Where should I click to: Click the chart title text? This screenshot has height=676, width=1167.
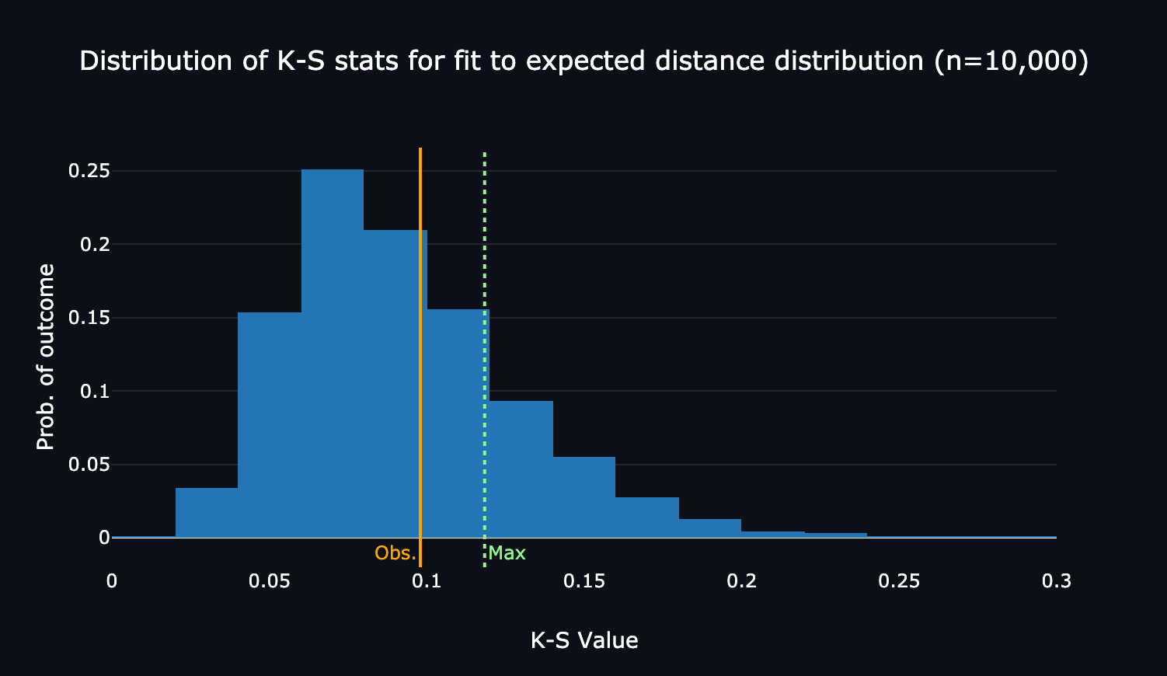click(x=583, y=61)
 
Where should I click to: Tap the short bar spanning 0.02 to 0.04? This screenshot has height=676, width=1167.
click(x=206, y=513)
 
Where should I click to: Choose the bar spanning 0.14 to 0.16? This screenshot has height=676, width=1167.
click(x=583, y=497)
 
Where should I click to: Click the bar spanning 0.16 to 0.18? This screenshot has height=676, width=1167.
click(x=646, y=517)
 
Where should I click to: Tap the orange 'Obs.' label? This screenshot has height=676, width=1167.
click(x=395, y=553)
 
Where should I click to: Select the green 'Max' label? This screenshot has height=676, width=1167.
click(x=507, y=553)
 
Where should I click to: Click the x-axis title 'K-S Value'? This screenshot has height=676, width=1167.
click(x=583, y=640)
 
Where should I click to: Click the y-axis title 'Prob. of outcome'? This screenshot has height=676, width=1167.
click(x=46, y=357)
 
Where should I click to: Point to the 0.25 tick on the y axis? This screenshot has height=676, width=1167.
click(x=89, y=171)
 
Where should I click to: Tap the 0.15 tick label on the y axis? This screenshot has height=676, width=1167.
click(x=89, y=318)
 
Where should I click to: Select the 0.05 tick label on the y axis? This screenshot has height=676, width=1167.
click(x=89, y=465)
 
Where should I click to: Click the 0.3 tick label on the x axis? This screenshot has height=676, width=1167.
click(x=1056, y=581)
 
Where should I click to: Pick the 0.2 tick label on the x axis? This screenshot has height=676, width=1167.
click(x=741, y=581)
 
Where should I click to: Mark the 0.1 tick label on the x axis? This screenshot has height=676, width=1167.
click(x=427, y=581)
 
